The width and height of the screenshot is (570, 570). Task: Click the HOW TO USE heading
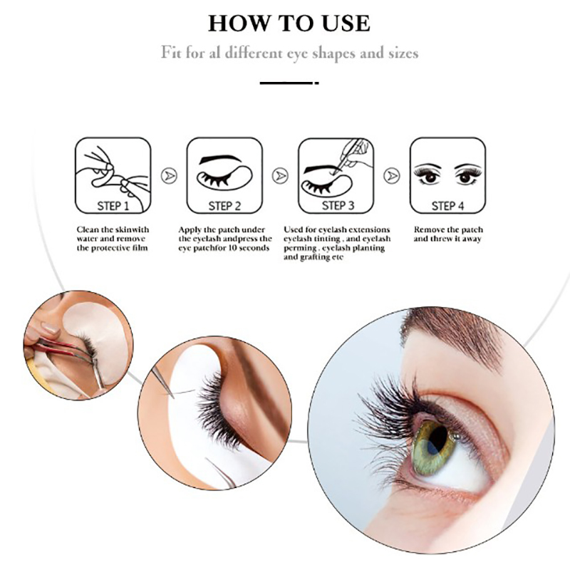(x=289, y=24)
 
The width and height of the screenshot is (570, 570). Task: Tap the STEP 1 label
(x=113, y=206)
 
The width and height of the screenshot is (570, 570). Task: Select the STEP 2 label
(x=224, y=206)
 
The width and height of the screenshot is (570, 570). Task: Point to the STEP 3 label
(x=338, y=205)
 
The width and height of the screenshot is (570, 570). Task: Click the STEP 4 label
(x=448, y=206)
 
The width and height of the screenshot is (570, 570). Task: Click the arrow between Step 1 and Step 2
(x=169, y=176)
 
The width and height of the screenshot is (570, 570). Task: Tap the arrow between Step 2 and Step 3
(x=280, y=176)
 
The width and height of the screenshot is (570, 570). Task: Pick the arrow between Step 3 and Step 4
(x=391, y=176)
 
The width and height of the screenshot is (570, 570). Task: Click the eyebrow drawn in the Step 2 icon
(x=220, y=159)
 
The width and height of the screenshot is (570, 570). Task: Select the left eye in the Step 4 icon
(x=429, y=174)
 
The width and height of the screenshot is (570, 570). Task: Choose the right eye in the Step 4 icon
(x=467, y=174)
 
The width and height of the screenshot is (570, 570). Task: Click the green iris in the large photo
(x=435, y=447)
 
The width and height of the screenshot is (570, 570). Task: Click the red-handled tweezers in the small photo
(x=63, y=349)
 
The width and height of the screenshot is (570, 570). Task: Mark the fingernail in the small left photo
(x=50, y=328)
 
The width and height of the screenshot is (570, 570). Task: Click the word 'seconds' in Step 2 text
(x=254, y=248)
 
